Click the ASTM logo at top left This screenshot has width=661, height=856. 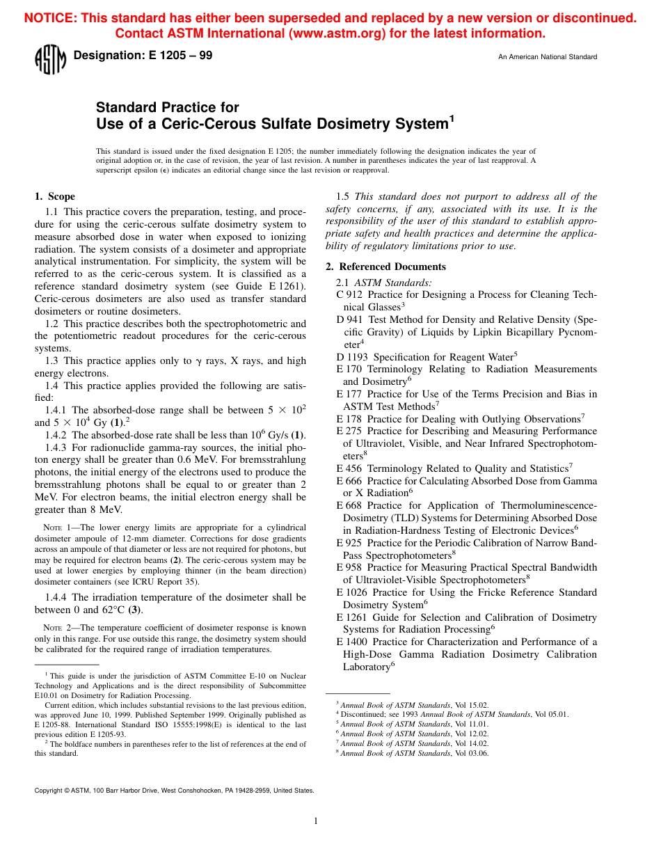tap(49, 60)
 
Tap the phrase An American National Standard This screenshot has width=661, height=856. tap(547, 57)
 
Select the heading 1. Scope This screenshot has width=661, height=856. tap(55, 196)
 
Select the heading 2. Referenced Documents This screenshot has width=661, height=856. tap(385, 267)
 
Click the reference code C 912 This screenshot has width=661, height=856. tap(349, 294)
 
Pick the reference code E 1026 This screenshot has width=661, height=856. tap(351, 592)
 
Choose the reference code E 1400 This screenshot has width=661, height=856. tap(351, 642)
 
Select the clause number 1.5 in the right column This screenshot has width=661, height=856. tap(343, 196)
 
